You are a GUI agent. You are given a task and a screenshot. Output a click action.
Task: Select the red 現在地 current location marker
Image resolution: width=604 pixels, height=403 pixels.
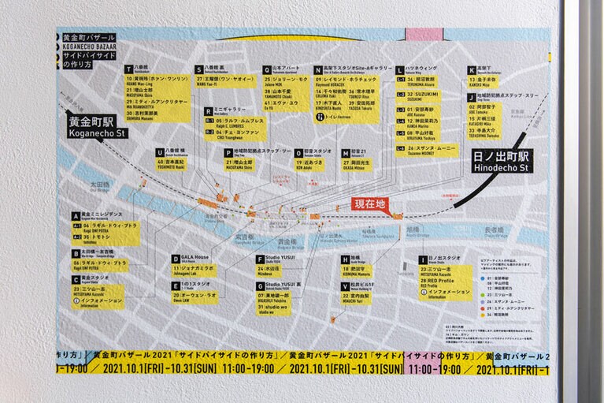coord(369,203)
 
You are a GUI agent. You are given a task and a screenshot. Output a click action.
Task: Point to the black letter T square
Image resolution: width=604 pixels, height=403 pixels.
coord(128,69)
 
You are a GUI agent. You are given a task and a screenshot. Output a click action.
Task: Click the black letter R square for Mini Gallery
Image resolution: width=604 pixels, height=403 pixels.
coord(208,110)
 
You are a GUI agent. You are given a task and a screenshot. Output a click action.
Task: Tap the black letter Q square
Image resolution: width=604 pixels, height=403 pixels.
coord(267,69)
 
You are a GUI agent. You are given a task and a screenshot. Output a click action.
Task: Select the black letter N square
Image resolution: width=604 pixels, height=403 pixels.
coord(317,69)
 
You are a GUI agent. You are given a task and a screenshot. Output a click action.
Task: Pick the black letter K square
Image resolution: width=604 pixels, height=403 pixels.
coord(471,69)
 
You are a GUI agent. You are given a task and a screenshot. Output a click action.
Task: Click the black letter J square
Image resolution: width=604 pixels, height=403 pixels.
coord(471,95)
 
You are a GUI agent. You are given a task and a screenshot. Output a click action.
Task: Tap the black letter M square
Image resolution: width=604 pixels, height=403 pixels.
coord(345,153)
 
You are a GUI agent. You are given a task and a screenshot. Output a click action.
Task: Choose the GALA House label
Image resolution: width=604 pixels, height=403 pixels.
coord(193,259)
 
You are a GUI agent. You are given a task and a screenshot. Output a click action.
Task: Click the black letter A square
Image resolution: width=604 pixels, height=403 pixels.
coord(76,215)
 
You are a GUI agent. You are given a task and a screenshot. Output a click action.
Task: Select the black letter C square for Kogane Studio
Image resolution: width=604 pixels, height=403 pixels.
coord(76,279)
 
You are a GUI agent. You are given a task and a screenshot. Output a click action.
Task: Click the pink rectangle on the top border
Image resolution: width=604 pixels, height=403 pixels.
coord(424,35)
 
